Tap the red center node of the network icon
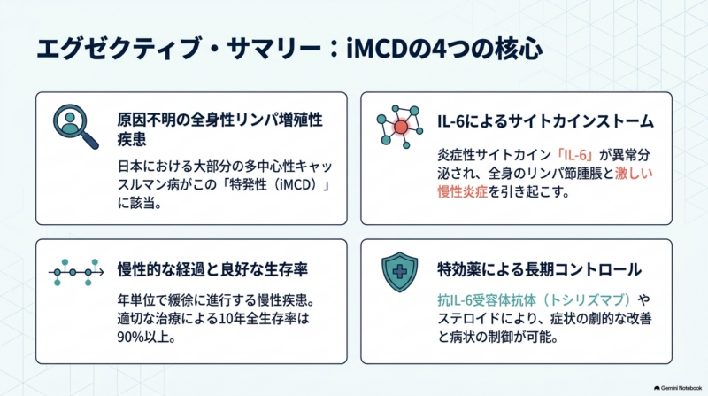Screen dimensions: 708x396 (401, 127)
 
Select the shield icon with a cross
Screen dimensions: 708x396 (400, 272)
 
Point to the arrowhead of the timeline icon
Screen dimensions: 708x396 (101, 272)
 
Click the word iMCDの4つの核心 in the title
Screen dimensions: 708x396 (444, 49)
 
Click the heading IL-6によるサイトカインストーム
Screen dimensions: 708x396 (545, 121)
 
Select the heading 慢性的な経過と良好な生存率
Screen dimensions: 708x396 (212, 269)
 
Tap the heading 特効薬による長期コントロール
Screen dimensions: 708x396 (540, 269)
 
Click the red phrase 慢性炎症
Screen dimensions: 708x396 (462, 191)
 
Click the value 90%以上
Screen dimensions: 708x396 (146, 338)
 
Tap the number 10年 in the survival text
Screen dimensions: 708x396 (232, 319)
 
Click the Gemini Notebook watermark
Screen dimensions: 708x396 (678, 388)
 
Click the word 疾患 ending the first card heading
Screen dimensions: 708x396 (132, 139)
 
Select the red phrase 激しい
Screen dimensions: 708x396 (634, 174)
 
